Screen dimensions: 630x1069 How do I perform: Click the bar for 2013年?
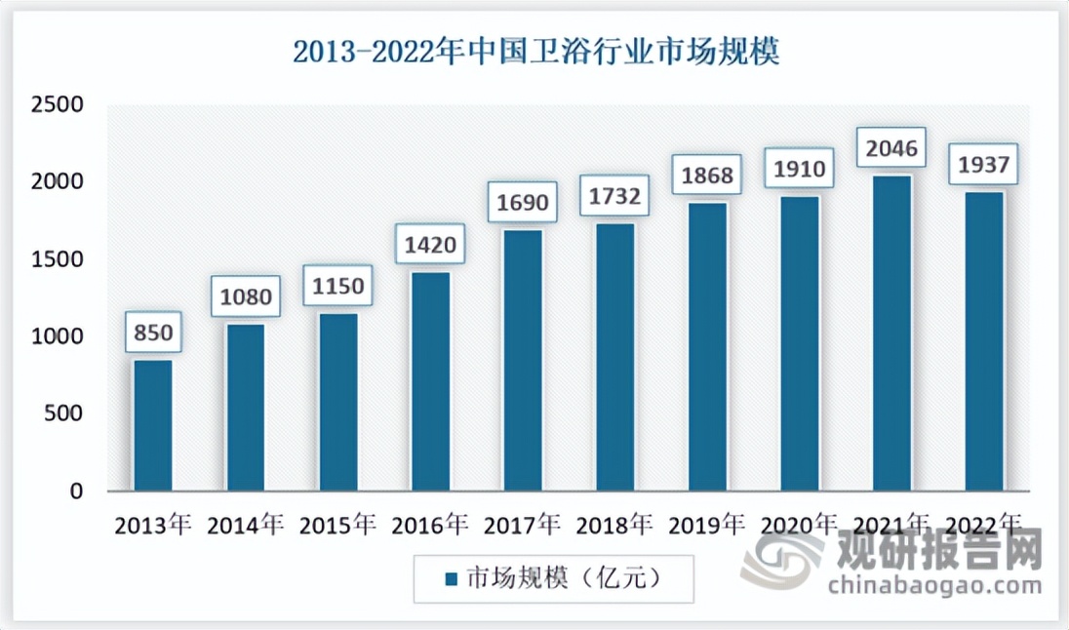pyautogui.click(x=153, y=425)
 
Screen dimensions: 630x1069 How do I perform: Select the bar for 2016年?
pyautogui.click(x=430, y=381)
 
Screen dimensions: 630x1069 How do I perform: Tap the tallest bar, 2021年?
pyautogui.click(x=891, y=333)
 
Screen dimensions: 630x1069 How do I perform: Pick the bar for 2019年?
pyautogui.click(x=707, y=346)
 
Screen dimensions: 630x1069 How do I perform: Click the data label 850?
pyautogui.click(x=153, y=334)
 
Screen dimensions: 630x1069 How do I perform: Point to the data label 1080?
pyautogui.click(x=245, y=295)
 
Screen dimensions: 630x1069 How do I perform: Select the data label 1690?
pyautogui.click(x=523, y=203)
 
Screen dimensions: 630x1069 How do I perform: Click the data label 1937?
pyautogui.click(x=983, y=165)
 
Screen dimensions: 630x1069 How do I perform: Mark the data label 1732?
pyautogui.click(x=614, y=197)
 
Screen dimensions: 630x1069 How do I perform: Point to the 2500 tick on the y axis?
pyautogui.click(x=57, y=104)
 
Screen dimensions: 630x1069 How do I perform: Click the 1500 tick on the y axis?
pyautogui.click(x=57, y=259)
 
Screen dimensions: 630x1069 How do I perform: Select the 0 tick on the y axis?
pyautogui.click(x=75, y=492)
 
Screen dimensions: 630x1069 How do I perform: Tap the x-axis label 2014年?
pyautogui.click(x=245, y=526)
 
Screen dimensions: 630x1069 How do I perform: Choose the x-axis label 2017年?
pyautogui.click(x=523, y=526)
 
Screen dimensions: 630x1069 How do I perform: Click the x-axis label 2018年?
pyautogui.click(x=614, y=526)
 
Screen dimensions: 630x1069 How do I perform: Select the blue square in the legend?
pyautogui.click(x=451, y=579)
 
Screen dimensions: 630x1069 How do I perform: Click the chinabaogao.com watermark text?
pyautogui.click(x=934, y=585)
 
